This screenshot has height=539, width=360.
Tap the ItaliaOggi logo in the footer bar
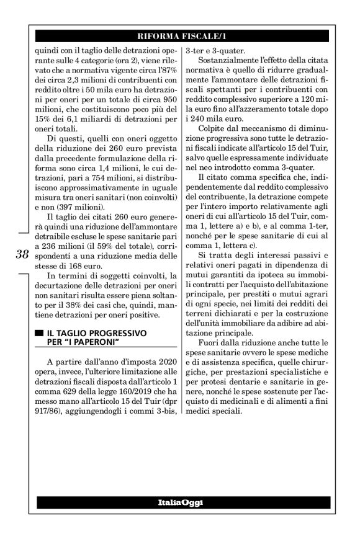pyautogui.click(x=180, y=502)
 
